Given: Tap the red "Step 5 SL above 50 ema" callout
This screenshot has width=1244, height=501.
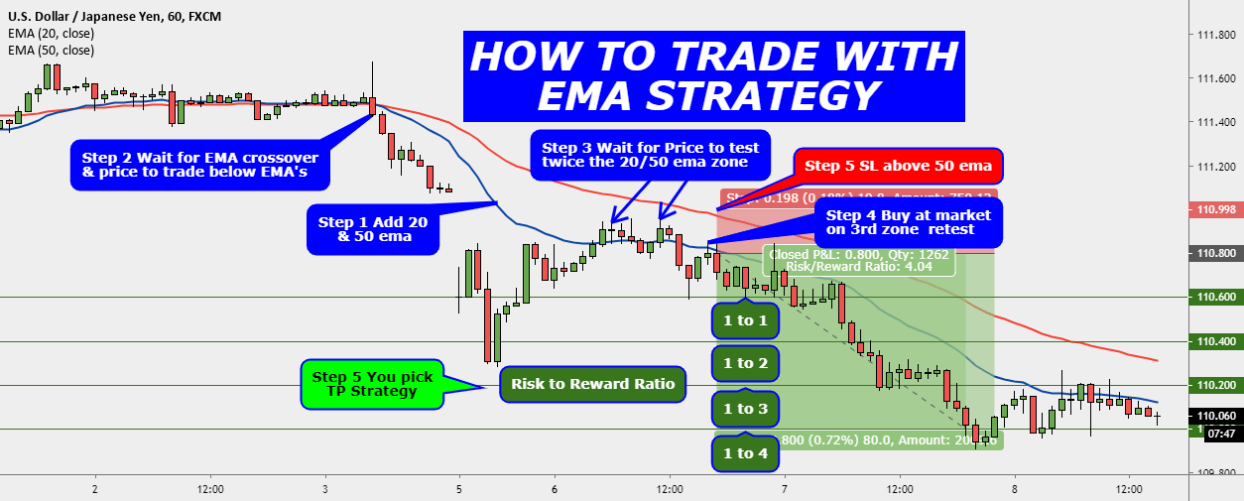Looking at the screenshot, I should click(x=899, y=166).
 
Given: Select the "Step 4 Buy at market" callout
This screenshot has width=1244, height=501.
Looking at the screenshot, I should click(x=907, y=222).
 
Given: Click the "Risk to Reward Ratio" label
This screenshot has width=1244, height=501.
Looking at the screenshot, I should click(x=592, y=384).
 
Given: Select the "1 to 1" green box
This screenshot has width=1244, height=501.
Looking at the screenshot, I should click(x=745, y=320).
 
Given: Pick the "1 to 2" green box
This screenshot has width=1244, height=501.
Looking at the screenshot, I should click(x=745, y=363).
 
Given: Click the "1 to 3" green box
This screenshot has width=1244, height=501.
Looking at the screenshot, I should click(x=745, y=409).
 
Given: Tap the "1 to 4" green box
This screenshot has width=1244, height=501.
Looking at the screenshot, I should click(x=745, y=453).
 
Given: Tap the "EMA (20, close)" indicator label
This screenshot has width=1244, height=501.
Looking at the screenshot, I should click(x=51, y=34).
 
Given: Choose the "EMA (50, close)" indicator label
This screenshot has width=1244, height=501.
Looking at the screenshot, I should click(x=51, y=51).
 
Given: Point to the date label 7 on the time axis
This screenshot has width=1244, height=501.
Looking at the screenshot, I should click(x=784, y=489).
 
